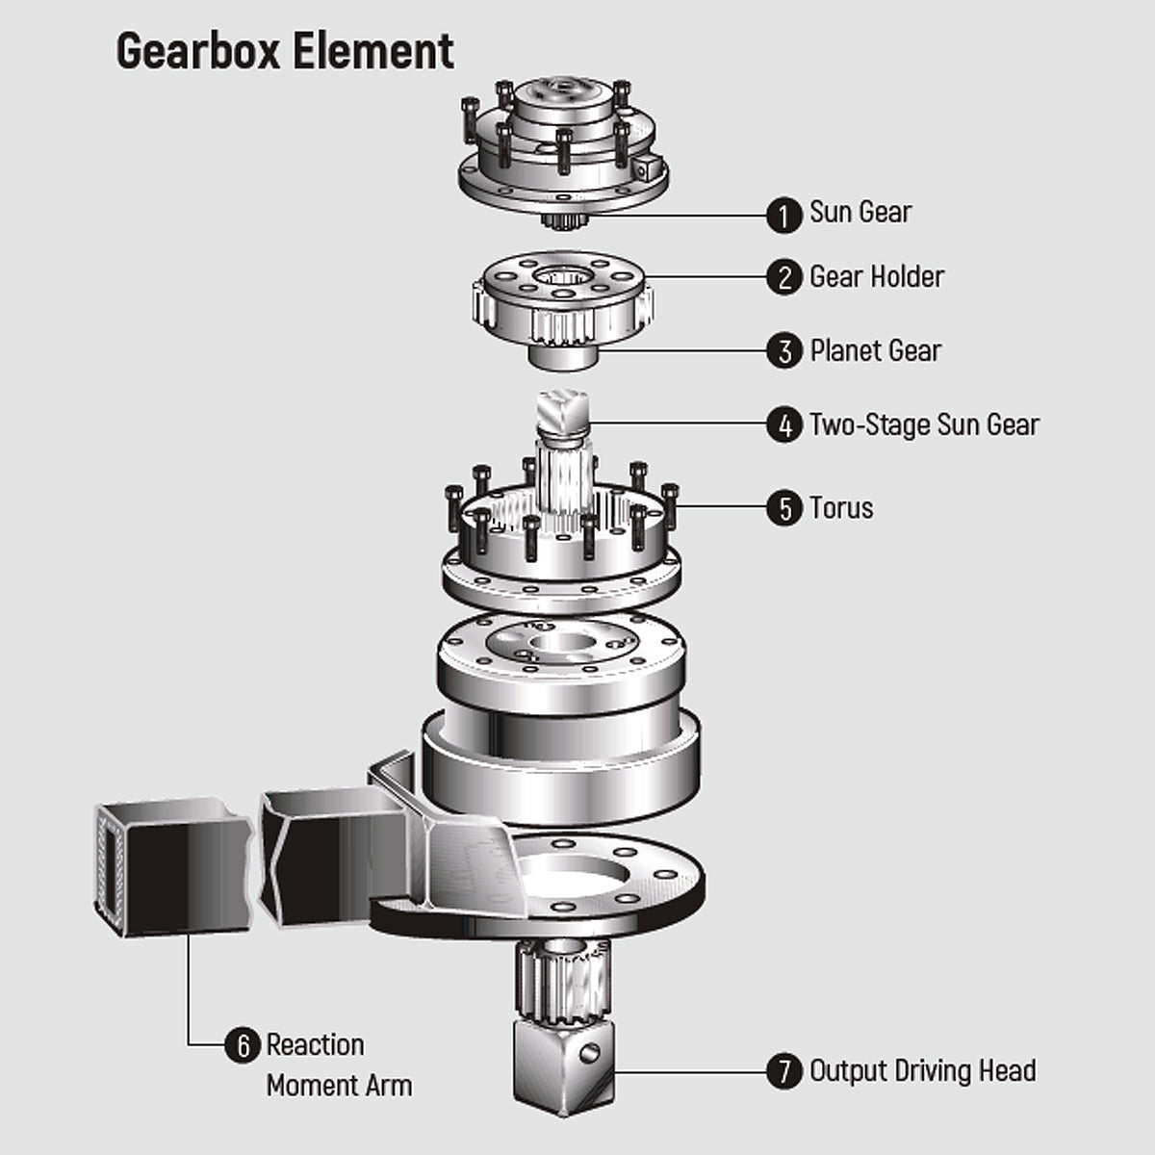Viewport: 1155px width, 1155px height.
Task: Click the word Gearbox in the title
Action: point(198,52)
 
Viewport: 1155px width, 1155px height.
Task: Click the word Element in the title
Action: point(372,51)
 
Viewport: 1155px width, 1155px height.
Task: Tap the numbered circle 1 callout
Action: point(784,216)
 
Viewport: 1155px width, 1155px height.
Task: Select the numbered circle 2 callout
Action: point(784,277)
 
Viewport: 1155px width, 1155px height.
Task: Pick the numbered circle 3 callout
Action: point(784,351)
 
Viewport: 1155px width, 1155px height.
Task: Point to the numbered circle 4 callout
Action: point(784,425)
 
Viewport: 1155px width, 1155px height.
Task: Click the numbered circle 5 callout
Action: point(784,508)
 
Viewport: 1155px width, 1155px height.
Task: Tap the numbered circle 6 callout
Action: point(243,1046)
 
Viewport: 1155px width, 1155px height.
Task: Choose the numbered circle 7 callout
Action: point(784,1071)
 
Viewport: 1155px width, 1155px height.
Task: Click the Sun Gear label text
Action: point(860,212)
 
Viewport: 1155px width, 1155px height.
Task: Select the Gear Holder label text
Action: point(877,277)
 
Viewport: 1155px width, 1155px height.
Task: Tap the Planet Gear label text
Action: point(876,351)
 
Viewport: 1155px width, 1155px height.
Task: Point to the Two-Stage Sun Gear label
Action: point(924,425)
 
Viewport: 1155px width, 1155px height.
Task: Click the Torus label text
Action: point(841,508)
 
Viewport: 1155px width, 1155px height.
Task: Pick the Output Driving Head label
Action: point(923,1071)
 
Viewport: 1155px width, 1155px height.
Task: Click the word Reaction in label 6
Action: point(316,1045)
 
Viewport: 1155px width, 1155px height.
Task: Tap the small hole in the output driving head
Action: point(589,1051)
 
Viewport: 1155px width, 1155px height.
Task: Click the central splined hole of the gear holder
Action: point(563,276)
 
